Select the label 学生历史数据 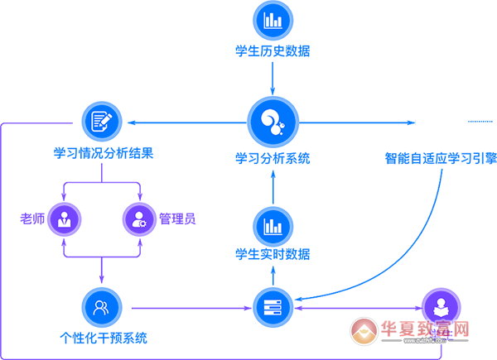click(x=273, y=50)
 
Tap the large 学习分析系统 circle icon click(x=273, y=122)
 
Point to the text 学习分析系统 click(x=273, y=157)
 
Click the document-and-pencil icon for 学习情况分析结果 click(x=102, y=120)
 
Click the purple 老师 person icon click(x=63, y=218)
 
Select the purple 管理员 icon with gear click(x=138, y=218)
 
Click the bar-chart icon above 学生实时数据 click(x=273, y=225)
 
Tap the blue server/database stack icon click(x=273, y=307)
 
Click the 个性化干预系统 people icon click(x=102, y=307)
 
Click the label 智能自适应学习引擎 click(x=440, y=157)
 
